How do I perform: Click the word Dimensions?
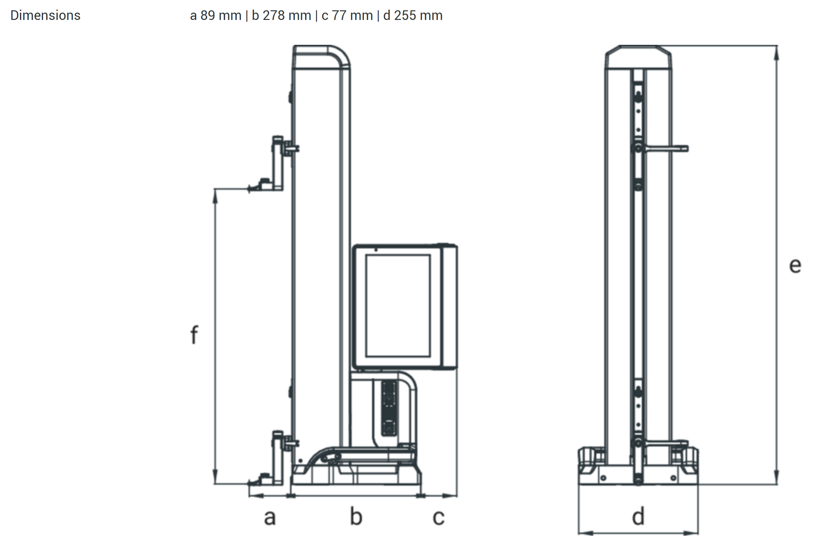[x=45, y=16]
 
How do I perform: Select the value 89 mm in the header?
[x=221, y=16]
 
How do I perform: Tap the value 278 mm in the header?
[x=287, y=16]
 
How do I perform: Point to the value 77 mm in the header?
[x=352, y=16]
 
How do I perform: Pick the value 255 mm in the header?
[x=418, y=16]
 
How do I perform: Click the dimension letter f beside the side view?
[x=194, y=334]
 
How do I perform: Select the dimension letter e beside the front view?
[x=795, y=266]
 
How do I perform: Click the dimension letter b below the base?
[x=356, y=516]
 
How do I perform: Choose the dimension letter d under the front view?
[x=638, y=516]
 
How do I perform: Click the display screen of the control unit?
[x=398, y=306]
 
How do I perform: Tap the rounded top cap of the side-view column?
[x=321, y=57]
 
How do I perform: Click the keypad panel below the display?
[x=389, y=408]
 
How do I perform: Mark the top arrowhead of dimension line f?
[x=215, y=197]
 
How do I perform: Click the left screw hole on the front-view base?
[x=603, y=478]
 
